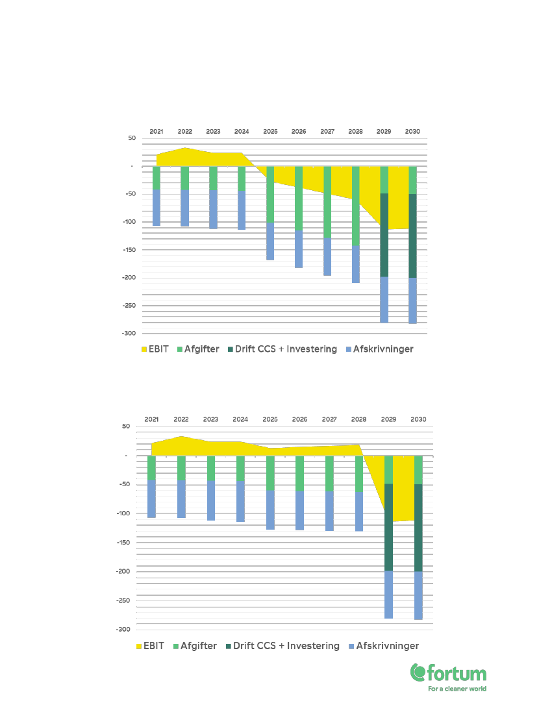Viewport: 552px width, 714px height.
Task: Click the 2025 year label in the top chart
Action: (x=270, y=131)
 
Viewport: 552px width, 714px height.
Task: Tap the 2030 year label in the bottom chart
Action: (x=418, y=419)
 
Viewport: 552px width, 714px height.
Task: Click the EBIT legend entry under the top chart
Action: (x=155, y=349)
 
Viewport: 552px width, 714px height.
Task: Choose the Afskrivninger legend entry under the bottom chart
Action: (x=384, y=646)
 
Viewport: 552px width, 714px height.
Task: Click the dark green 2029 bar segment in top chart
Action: (x=384, y=235)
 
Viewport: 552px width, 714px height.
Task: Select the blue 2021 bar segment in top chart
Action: (x=157, y=207)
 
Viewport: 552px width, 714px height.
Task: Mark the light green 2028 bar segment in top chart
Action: (x=355, y=206)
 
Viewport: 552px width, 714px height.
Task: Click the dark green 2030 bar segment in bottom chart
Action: (x=418, y=528)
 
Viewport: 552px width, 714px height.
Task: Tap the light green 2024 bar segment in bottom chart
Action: (x=240, y=468)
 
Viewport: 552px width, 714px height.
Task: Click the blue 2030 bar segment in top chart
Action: (x=412, y=300)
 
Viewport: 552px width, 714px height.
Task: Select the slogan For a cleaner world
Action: (x=457, y=689)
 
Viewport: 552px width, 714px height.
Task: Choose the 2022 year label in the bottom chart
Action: (x=181, y=419)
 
